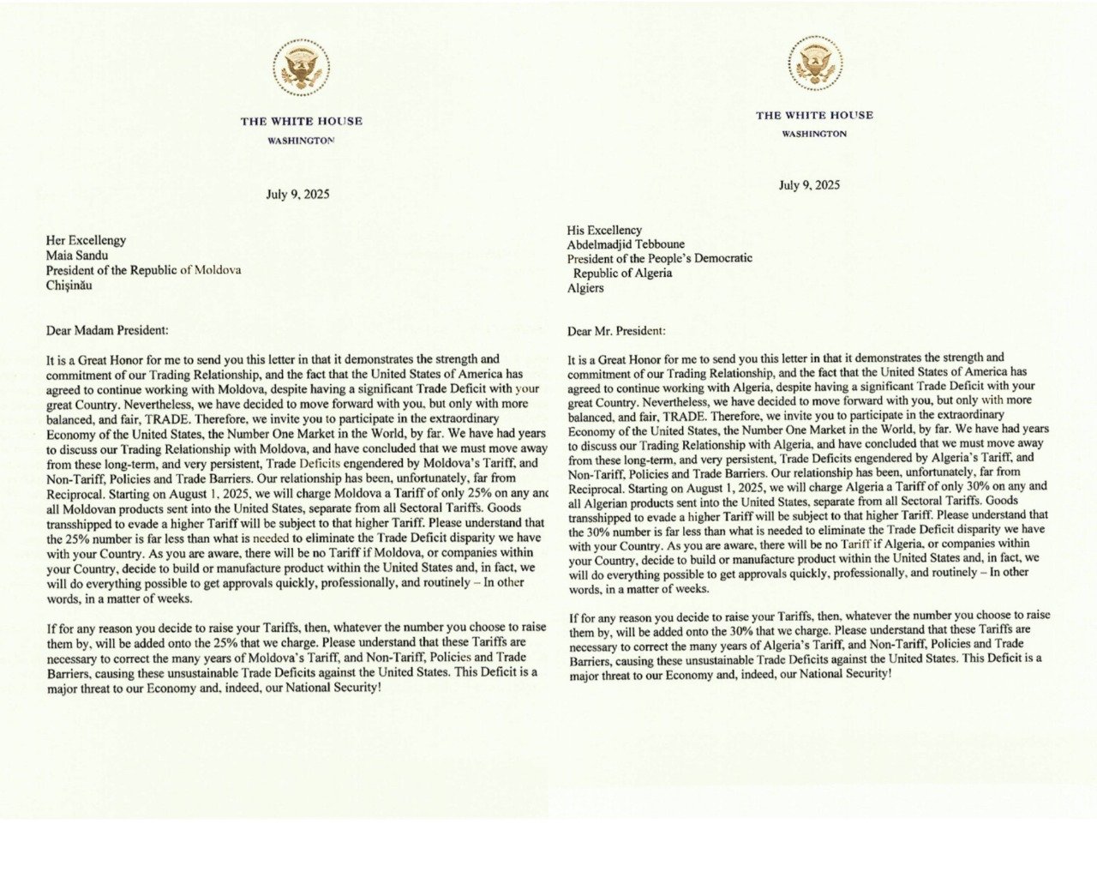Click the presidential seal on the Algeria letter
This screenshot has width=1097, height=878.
pyautogui.click(x=815, y=63)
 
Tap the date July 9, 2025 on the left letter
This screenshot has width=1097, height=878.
pyautogui.click(x=297, y=195)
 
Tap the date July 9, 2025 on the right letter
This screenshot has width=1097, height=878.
pyautogui.click(x=809, y=185)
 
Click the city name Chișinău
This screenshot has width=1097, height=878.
pyautogui.click(x=69, y=285)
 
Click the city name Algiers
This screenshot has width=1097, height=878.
pyautogui.click(x=585, y=288)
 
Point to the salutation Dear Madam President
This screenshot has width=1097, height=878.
pyautogui.click(x=107, y=330)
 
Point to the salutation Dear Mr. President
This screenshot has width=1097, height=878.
pyautogui.click(x=616, y=331)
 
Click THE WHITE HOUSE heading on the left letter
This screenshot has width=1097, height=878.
pyautogui.click(x=301, y=122)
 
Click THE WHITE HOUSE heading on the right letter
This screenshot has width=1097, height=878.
pyautogui.click(x=814, y=116)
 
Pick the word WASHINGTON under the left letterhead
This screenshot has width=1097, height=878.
pyautogui.click(x=301, y=140)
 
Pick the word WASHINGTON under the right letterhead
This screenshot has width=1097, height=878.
pyautogui.click(x=814, y=134)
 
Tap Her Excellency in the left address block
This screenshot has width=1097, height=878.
pyautogui.click(x=86, y=240)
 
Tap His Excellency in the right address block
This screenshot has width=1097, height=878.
pyautogui.click(x=604, y=230)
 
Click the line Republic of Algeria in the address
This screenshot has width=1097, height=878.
pyautogui.click(x=622, y=274)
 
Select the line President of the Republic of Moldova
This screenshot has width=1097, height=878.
pyautogui.click(x=143, y=270)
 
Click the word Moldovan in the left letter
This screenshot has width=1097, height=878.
pyautogui.click(x=90, y=508)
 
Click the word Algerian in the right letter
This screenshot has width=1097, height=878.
pyautogui.click(x=610, y=501)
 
